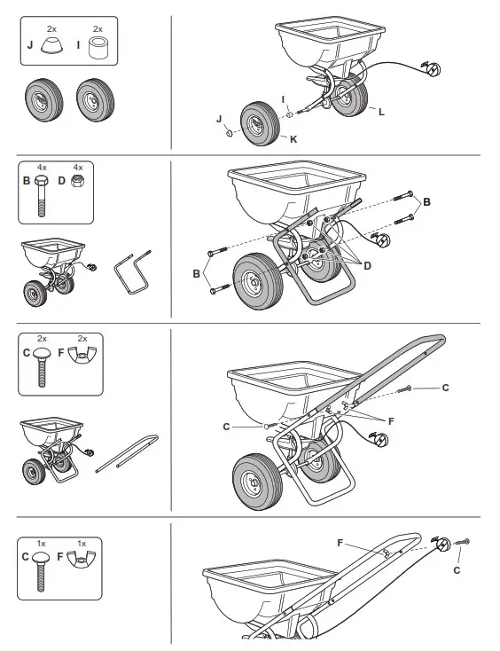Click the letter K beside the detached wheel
click(293, 140)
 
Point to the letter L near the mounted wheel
click(381, 113)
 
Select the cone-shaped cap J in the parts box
click(51, 45)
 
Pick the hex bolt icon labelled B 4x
click(42, 198)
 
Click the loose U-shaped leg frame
click(131, 269)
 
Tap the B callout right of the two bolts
click(427, 203)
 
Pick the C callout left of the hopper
click(226, 427)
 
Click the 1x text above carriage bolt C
click(41, 543)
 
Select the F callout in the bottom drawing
click(340, 542)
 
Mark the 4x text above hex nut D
click(77, 167)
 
